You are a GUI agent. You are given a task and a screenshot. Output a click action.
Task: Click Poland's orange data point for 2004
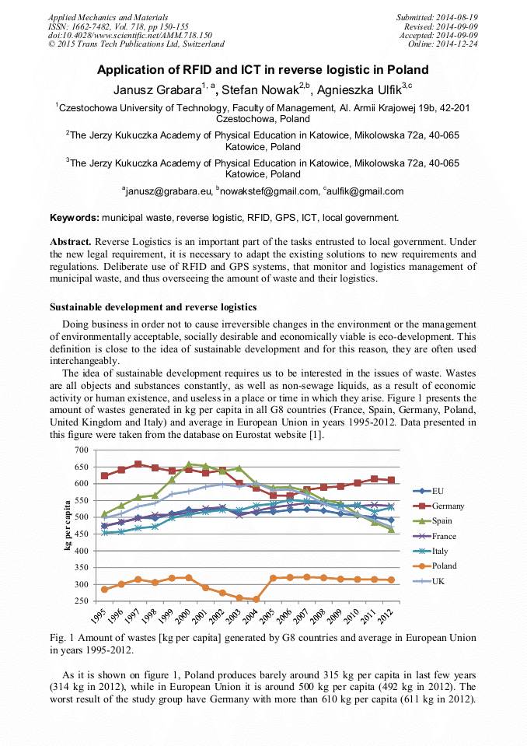tap(257, 599)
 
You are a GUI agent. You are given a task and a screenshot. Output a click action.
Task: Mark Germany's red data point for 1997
tap(138, 464)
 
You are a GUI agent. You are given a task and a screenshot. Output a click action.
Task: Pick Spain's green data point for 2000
tap(188, 464)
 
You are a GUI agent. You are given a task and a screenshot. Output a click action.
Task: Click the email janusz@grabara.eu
tap(167, 191)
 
